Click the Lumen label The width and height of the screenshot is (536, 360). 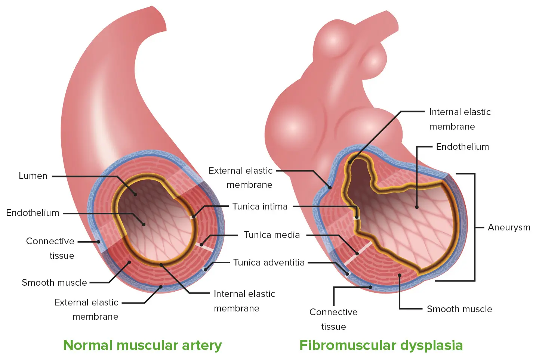(x=33, y=176)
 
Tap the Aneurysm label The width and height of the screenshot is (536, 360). (x=509, y=227)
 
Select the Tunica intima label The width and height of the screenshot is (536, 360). (x=260, y=207)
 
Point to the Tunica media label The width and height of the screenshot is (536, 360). (x=272, y=235)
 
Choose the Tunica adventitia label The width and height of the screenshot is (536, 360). (x=269, y=263)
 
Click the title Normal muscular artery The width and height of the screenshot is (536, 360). (x=142, y=345)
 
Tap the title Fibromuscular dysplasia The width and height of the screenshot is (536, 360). (x=381, y=345)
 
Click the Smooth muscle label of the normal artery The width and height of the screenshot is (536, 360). (x=54, y=283)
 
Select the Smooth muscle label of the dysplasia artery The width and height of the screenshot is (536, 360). (x=459, y=309)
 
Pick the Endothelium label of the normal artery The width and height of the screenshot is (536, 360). (x=33, y=213)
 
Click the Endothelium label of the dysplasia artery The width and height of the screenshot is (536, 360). (x=462, y=147)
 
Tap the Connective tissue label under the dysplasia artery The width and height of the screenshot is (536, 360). (x=333, y=319)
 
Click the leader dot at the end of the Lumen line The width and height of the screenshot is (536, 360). (x=136, y=195)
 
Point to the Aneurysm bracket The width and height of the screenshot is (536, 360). (x=474, y=227)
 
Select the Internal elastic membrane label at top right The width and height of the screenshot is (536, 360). (x=459, y=119)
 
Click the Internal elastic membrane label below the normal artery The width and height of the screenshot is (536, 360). (x=244, y=301)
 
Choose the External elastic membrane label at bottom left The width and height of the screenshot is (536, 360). (x=87, y=309)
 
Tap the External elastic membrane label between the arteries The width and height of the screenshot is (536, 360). (x=241, y=177)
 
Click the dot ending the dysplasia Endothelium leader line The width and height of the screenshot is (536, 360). (x=417, y=207)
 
